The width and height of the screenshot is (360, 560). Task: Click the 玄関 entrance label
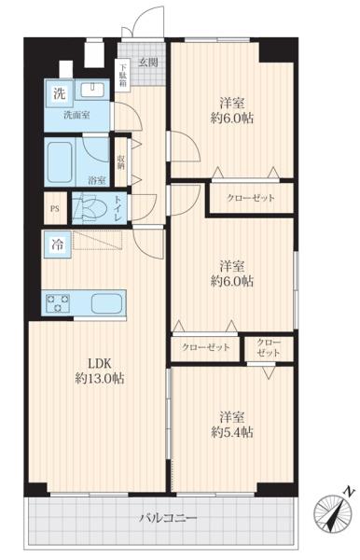(148, 63)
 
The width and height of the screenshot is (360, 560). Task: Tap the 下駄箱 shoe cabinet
(123, 74)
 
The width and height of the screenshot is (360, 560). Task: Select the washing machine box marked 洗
(59, 93)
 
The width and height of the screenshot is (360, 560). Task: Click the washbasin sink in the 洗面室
(92, 90)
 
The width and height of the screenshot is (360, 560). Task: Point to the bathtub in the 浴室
(61, 162)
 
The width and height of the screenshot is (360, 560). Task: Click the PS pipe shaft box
(55, 208)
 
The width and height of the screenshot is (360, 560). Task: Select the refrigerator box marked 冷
(58, 245)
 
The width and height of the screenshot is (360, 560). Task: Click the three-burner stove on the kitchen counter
(58, 302)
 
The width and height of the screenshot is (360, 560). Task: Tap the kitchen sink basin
(106, 303)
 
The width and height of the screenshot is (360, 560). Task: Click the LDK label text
(100, 364)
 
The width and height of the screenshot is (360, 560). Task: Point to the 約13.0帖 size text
(100, 379)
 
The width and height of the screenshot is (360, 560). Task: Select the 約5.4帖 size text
(232, 432)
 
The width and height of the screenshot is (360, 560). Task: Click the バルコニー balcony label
(168, 517)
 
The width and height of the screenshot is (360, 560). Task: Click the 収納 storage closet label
(121, 162)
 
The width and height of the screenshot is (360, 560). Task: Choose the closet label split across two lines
(269, 348)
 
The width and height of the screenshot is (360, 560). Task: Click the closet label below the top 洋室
(251, 198)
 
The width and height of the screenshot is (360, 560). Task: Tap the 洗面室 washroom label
(76, 116)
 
